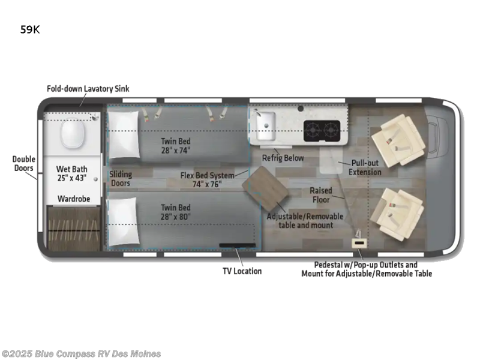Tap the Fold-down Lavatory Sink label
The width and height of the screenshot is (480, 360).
(88, 89)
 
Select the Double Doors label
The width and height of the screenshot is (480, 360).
(23, 164)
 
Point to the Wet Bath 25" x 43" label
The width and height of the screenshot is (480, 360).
(71, 173)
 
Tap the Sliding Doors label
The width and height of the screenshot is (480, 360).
(121, 179)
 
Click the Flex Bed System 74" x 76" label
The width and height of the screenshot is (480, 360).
(207, 180)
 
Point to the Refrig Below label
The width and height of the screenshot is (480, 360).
(283, 158)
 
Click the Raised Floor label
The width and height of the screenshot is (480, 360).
(321, 195)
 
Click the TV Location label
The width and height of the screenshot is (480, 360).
(242, 271)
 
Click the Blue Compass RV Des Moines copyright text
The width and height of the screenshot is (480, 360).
(81, 353)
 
